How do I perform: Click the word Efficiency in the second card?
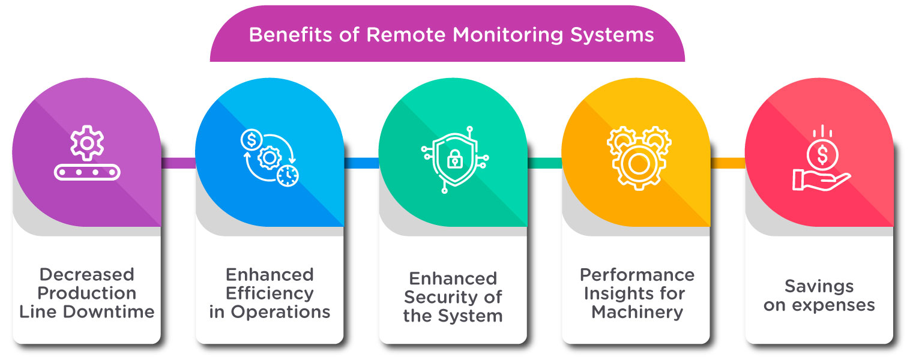pyautogui.click(x=270, y=293)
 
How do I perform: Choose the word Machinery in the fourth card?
pyautogui.click(x=637, y=312)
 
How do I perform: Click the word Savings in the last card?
pyautogui.click(x=819, y=286)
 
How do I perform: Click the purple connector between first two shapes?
pyautogui.click(x=178, y=163)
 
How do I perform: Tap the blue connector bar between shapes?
pyautogui.click(x=361, y=163)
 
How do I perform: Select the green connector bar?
pyautogui.click(x=544, y=163)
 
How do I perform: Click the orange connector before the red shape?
pyautogui.click(x=728, y=163)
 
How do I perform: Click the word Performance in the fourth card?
pyautogui.click(x=637, y=275)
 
